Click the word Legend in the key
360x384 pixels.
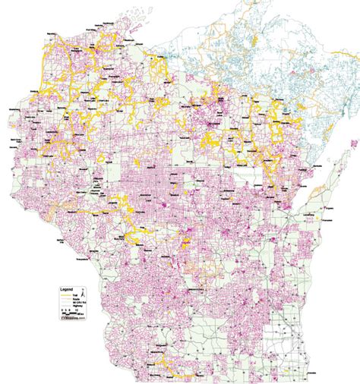pyautogui.click(x=67, y=289)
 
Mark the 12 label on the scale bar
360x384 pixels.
pyautogui.click(x=77, y=310)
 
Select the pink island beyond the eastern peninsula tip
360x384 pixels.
pyautogui.click(x=349, y=144)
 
